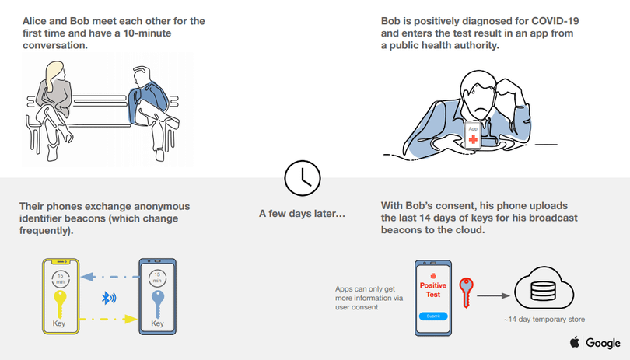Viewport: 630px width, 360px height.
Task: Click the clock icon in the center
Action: pyautogui.click(x=302, y=178)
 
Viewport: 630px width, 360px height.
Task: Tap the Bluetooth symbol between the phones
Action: pyautogui.click(x=108, y=298)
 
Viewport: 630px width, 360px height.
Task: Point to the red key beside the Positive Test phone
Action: pyautogui.click(x=466, y=292)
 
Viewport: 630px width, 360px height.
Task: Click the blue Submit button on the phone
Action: pyautogui.click(x=433, y=316)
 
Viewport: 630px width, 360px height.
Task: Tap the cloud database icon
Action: pyautogui.click(x=544, y=288)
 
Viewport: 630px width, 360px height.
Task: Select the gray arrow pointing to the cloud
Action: pyautogui.click(x=493, y=295)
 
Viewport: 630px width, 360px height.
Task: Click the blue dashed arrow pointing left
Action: pyautogui.click(x=110, y=277)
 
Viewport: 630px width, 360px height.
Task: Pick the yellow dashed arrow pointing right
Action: pyautogui.click(x=107, y=319)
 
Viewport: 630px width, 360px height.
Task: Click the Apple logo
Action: pyautogui.click(x=575, y=342)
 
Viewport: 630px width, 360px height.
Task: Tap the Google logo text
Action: pyautogui.click(x=603, y=343)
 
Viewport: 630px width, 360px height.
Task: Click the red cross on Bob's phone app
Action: pyautogui.click(x=474, y=139)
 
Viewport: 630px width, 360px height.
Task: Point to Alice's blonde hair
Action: pyautogui.click(x=54, y=75)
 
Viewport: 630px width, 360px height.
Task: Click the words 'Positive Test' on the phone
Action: pyautogui.click(x=433, y=290)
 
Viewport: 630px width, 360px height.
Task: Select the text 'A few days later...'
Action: pyautogui.click(x=302, y=213)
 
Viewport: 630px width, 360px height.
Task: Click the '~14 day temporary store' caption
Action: pyautogui.click(x=544, y=320)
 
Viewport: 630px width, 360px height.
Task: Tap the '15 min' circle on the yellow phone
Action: pyautogui.click(x=60, y=279)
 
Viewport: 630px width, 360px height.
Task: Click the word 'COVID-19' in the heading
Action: pyautogui.click(x=555, y=21)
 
